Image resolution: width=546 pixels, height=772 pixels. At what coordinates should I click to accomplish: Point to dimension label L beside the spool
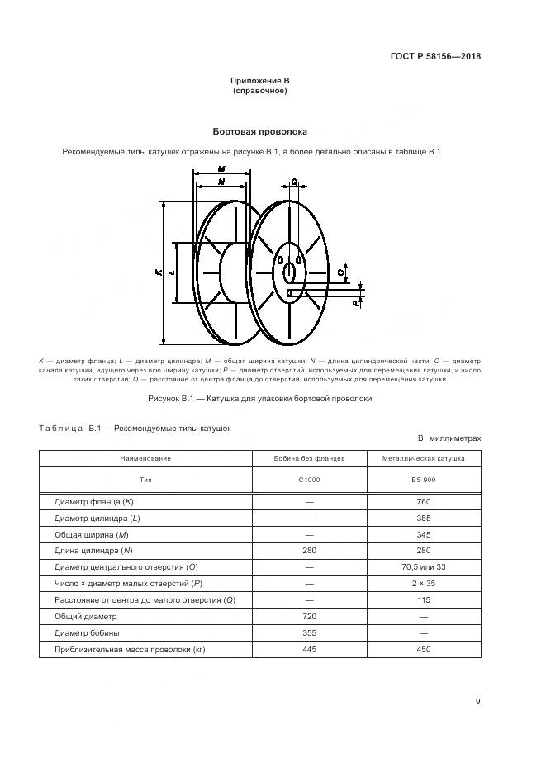(x=171, y=272)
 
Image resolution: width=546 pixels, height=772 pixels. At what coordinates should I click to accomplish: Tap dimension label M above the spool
(x=221, y=168)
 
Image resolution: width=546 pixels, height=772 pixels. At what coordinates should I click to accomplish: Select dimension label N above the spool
(x=221, y=180)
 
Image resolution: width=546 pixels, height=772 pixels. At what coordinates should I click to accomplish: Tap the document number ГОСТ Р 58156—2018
(x=435, y=57)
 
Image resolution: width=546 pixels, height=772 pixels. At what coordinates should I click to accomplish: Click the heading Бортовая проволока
(x=260, y=131)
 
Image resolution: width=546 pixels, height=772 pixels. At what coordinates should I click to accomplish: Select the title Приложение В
(x=260, y=80)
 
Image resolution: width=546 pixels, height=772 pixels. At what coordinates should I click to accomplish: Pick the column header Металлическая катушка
(x=423, y=457)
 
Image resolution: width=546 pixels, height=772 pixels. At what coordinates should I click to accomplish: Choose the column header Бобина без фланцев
(x=309, y=457)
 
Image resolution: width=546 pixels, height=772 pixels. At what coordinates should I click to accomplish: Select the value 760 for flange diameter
(x=423, y=501)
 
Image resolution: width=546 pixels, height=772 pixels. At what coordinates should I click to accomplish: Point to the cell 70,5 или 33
(x=423, y=566)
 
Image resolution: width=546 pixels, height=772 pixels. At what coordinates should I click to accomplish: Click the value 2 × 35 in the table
(x=423, y=583)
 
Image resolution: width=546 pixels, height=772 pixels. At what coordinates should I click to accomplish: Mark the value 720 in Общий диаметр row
(x=309, y=616)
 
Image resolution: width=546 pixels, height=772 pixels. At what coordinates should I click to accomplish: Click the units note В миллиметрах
(x=449, y=439)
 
